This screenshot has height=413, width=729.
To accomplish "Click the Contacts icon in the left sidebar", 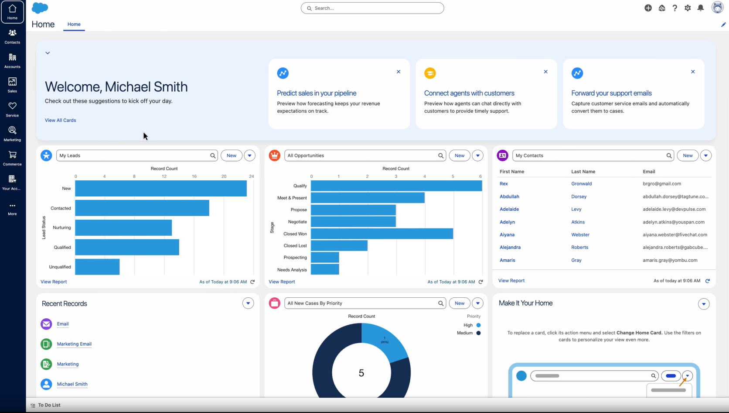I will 12,34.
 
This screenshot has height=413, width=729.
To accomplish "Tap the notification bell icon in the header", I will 700,8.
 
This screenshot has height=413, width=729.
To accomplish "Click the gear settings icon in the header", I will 688,8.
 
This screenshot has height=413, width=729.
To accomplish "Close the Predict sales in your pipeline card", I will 398,72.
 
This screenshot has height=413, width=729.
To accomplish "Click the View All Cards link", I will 60,120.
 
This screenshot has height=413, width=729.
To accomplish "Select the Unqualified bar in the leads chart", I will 97,267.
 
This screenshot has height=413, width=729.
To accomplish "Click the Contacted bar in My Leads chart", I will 142,208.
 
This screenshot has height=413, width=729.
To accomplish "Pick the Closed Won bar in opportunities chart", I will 382,234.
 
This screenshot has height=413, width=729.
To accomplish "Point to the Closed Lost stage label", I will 295,246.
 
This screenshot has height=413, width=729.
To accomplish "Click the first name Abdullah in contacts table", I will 509,196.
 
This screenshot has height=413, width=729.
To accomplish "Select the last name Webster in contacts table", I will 580,234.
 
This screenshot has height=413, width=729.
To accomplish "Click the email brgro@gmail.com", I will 661,184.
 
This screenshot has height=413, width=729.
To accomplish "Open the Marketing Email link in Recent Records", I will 74,344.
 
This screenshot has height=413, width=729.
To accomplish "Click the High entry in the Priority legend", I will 468,325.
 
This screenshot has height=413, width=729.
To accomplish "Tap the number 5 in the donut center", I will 361,373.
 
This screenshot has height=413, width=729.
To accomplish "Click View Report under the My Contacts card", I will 511,281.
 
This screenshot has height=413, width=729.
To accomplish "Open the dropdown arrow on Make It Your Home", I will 703,304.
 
